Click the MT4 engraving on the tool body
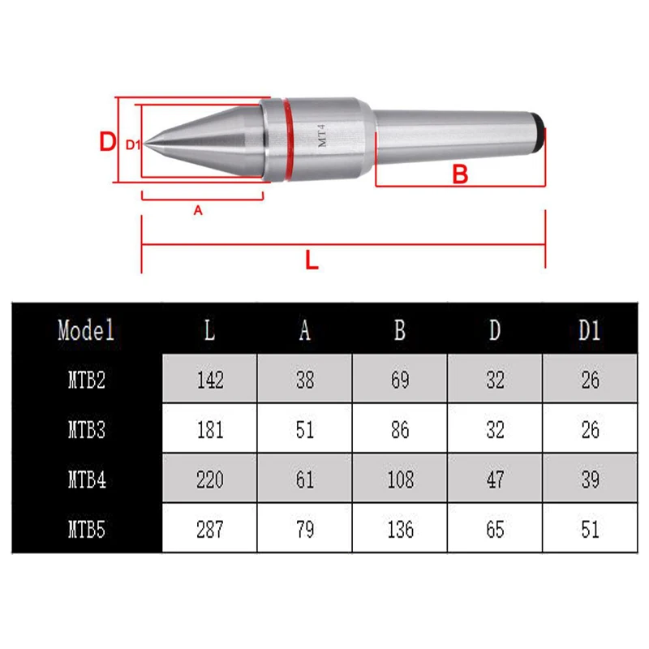coord(322,135)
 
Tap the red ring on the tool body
coord(289,140)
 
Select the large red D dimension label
coord(108,141)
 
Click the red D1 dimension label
coord(133,144)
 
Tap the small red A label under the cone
coord(198,210)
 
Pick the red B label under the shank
coord(460,174)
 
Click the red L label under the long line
coord(312,260)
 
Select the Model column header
coord(86,330)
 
